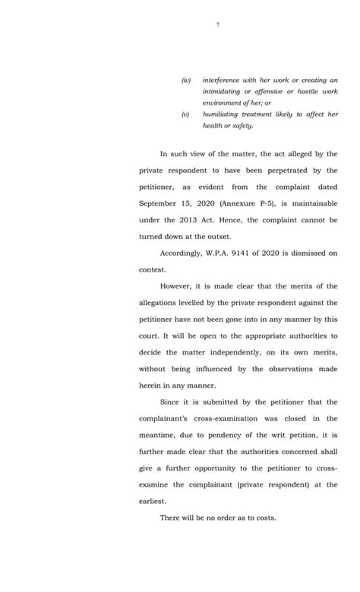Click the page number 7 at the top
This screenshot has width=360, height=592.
click(217, 25)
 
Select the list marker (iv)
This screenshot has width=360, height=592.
click(186, 80)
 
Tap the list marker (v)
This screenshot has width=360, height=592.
click(185, 114)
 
